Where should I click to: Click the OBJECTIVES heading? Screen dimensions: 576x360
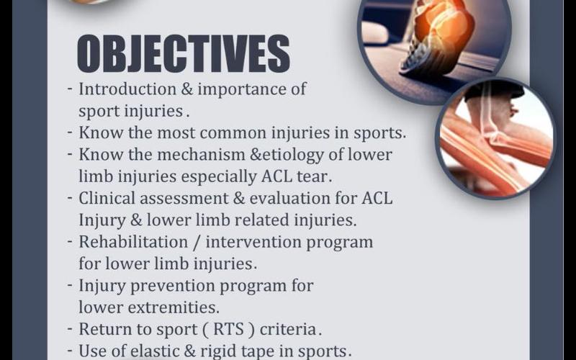click(x=184, y=53)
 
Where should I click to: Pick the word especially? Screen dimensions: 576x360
click(x=219, y=177)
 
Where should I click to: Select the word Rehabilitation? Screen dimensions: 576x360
click(x=133, y=242)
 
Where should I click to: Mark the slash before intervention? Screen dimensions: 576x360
click(x=197, y=243)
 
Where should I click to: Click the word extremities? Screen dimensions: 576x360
click(x=174, y=308)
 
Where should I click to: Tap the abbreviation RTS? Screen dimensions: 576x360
click(x=228, y=329)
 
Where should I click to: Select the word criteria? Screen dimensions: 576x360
click(x=291, y=330)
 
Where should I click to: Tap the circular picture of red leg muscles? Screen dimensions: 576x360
click(x=495, y=138)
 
